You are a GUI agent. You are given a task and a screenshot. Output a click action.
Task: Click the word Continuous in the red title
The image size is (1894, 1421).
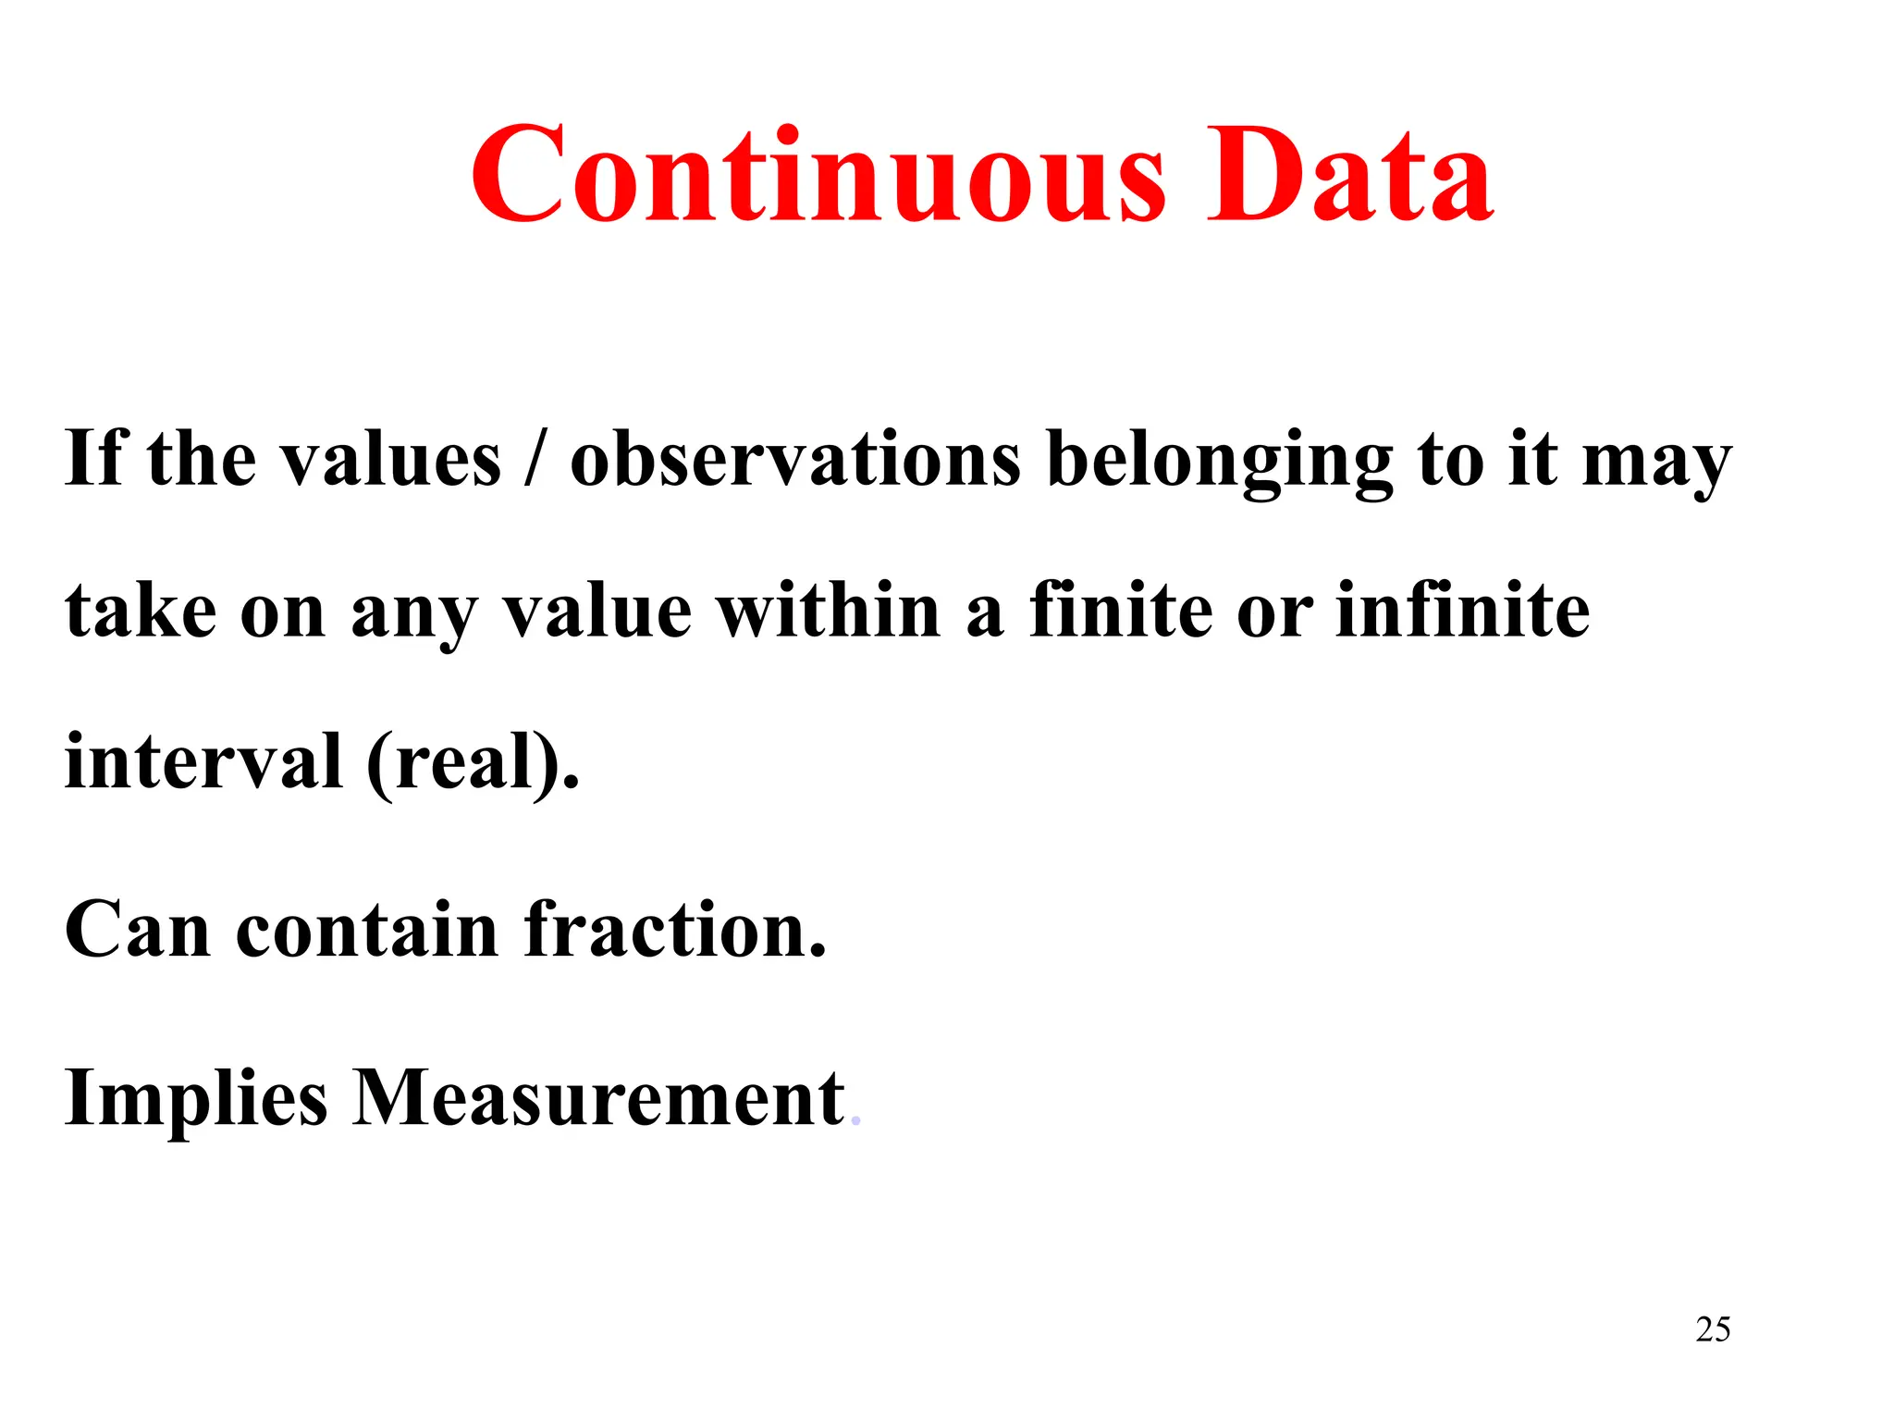coord(818,176)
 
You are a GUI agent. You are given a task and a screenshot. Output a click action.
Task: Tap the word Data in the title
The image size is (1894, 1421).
coord(1349,176)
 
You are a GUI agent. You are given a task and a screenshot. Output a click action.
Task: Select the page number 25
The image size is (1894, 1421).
coord(1713,1329)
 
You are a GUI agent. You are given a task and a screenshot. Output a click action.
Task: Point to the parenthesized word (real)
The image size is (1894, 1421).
coord(473,762)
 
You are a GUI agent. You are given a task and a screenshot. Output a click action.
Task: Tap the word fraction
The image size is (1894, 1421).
coord(675,930)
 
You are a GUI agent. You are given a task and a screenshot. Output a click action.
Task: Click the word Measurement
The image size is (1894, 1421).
coord(598,1098)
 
